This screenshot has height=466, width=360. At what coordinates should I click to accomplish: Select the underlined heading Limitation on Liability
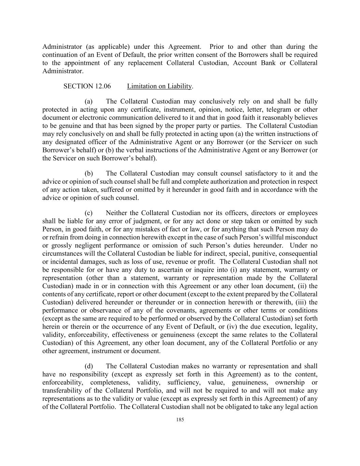[x=159, y=86]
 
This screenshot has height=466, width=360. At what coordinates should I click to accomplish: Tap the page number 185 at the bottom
[x=180, y=420]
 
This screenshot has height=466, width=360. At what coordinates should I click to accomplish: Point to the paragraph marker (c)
[x=89, y=213]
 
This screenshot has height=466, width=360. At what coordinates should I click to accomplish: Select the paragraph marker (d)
[x=89, y=366]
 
